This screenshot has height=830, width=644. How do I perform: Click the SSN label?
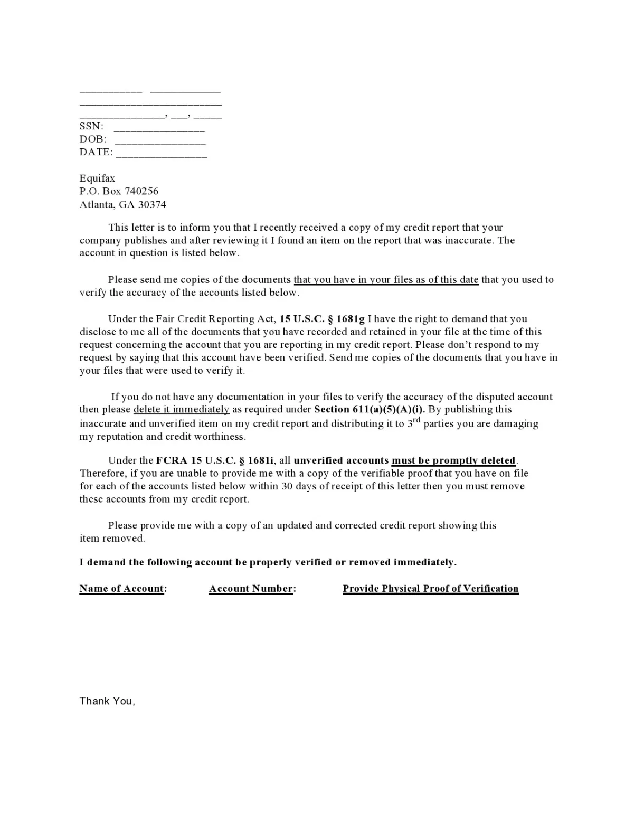91,126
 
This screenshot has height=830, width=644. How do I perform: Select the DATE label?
96,152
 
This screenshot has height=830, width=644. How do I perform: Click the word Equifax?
97,178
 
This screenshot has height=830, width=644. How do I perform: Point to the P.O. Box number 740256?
141,191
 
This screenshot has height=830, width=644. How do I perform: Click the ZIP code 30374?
152,204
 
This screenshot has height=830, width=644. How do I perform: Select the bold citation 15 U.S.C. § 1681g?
322,319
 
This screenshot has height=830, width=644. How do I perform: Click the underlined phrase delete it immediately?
181,409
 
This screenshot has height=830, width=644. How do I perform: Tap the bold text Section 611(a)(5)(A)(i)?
370,409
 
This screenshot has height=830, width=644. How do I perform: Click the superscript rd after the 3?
416,420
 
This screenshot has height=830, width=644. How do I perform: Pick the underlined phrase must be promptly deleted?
453,460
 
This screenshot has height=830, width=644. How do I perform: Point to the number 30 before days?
287,486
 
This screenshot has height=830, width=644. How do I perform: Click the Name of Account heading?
122,589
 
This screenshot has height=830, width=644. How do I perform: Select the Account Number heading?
252,589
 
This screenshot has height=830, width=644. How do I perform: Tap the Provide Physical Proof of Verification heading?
430,589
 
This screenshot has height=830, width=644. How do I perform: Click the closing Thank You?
107,701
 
